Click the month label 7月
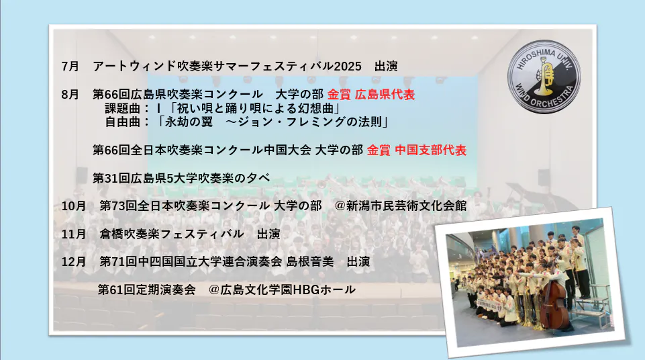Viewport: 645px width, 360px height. tap(70, 66)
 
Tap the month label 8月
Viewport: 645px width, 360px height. tap(70, 94)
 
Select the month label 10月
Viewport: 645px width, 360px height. tap(74, 206)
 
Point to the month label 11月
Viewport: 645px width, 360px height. tap(74, 234)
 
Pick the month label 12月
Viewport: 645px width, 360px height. tap(74, 262)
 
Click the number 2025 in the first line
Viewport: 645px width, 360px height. tap(348, 66)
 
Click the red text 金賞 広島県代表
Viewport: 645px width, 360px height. tap(371, 94)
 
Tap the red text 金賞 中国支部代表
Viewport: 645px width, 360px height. tap(416, 150)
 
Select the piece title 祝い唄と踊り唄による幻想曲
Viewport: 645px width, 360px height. tap(256, 109)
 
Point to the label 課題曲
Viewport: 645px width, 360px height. tap(123, 109)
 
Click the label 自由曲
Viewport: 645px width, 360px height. tap(123, 122)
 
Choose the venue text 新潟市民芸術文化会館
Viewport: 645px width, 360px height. tap(407, 206)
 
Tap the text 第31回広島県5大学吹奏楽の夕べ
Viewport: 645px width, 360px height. tap(181, 178)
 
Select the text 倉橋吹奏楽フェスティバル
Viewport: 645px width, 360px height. tap(172, 234)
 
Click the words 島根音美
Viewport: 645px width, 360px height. tap(310, 262)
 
